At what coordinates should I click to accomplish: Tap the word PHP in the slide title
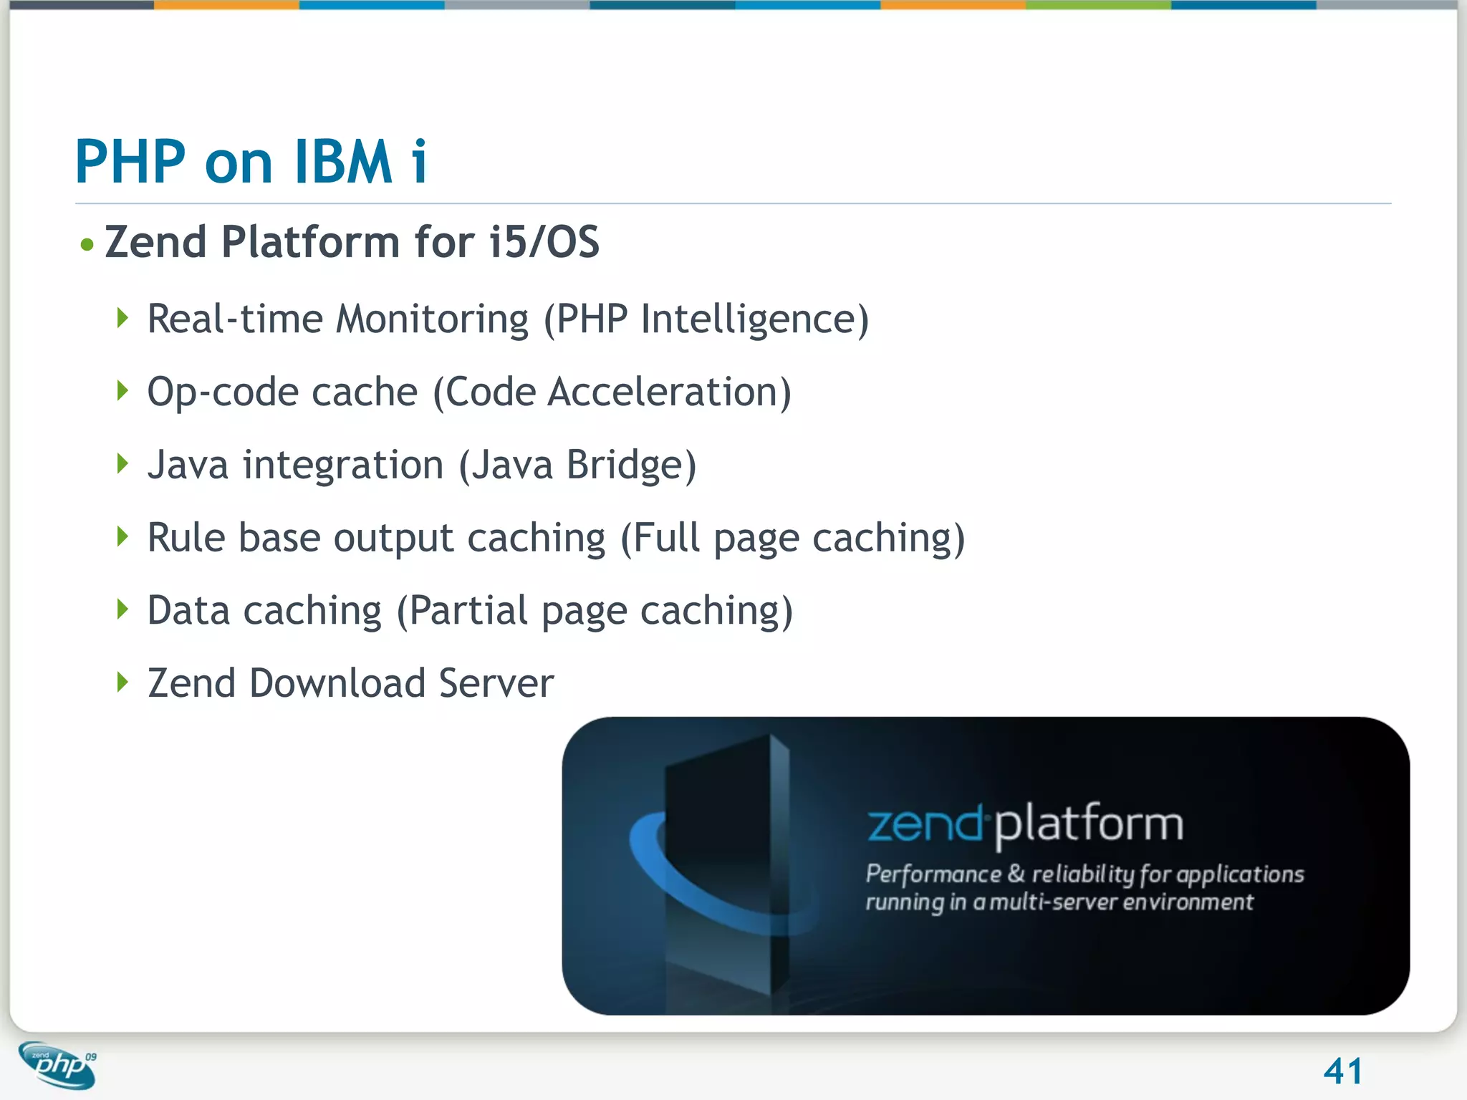[130, 162]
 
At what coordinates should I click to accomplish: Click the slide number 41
[1342, 1071]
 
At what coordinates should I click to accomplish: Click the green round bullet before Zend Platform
[87, 245]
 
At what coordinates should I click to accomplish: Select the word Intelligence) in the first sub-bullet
[754, 320]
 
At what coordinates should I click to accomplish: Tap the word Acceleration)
[669, 392]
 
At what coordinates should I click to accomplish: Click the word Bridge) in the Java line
[631, 465]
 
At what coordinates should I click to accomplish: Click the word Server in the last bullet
[496, 683]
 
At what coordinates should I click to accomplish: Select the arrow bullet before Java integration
[123, 463]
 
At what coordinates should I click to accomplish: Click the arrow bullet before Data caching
[123, 609]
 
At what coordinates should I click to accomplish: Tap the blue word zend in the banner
[924, 825]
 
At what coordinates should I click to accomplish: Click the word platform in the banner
[1089, 825]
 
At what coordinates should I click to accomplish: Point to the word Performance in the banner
[933, 874]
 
